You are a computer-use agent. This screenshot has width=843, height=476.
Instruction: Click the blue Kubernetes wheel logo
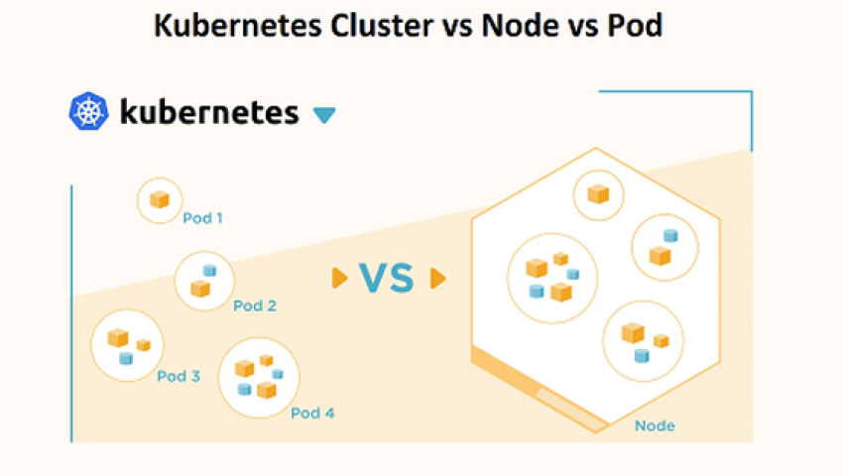pos(87,111)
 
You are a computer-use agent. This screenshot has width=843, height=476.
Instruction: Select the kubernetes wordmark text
pos(208,111)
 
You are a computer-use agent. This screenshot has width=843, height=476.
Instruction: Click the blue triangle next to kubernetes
pos(323,115)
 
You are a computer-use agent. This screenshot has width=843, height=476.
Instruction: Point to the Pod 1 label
pos(202,217)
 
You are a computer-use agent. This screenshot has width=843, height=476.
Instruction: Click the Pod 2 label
pos(255,305)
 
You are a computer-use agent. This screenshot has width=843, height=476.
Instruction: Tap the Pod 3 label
pos(179,376)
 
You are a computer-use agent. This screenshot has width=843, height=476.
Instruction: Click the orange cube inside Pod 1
pos(159,200)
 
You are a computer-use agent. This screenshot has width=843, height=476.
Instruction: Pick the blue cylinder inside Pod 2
pos(209,271)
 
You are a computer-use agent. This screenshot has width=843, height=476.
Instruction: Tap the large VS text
pos(386,279)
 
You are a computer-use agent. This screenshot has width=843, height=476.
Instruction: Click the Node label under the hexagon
pos(655,425)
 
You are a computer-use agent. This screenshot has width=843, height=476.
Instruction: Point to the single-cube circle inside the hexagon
pos(598,193)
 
